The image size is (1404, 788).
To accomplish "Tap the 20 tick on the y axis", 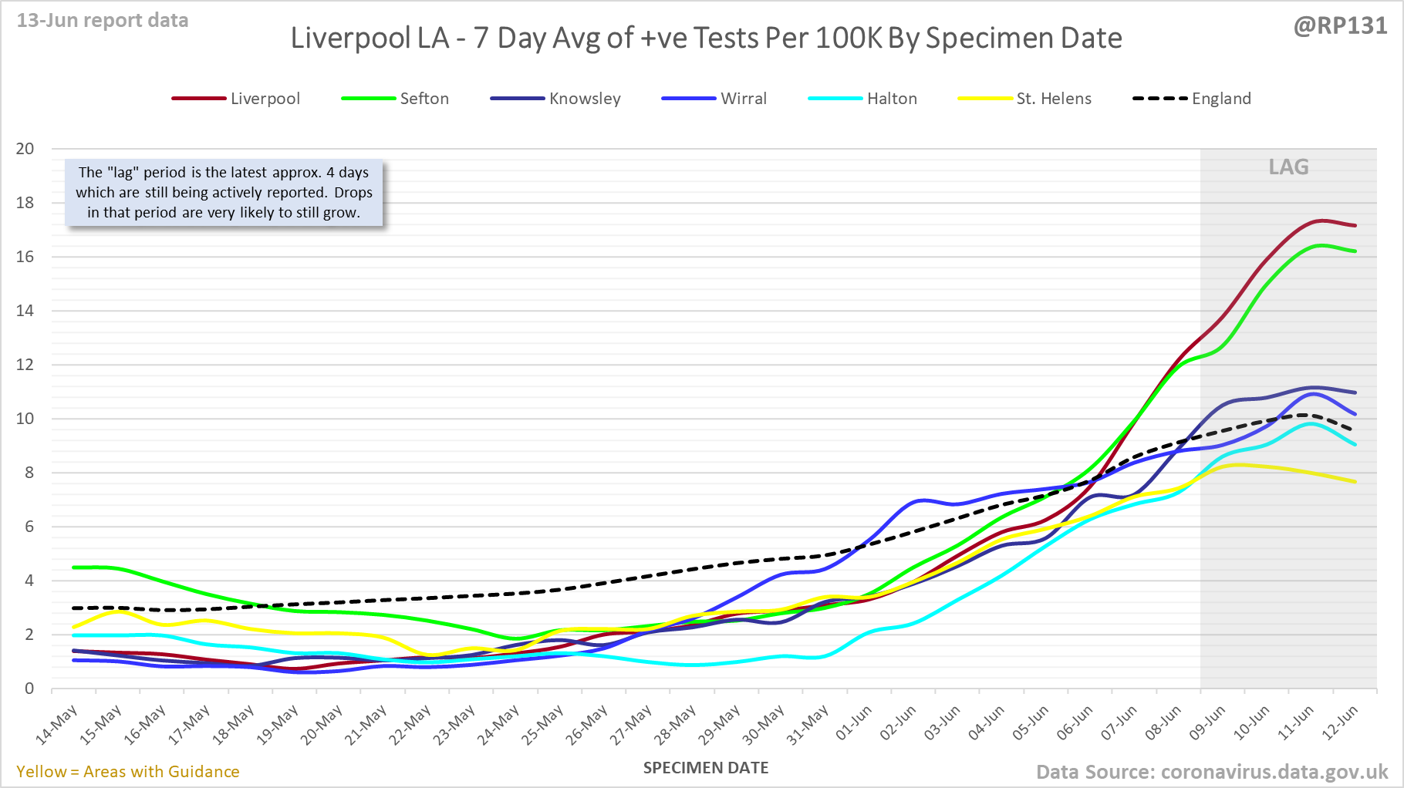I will pos(25,149).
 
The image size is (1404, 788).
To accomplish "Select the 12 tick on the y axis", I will pos(25,365).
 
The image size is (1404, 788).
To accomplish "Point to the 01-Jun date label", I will pos(854,723).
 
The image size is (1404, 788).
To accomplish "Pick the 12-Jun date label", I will pos(1340,723).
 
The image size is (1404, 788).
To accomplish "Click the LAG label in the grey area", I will pos(1288,167).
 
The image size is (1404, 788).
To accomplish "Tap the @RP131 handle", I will pos(1340,26).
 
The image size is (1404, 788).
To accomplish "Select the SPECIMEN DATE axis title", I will pos(706,768).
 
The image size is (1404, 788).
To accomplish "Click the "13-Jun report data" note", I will pos(103,21).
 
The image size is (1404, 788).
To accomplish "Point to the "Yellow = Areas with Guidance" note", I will pos(128,772).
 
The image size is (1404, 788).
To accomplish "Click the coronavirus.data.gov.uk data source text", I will pos(1274,772).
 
